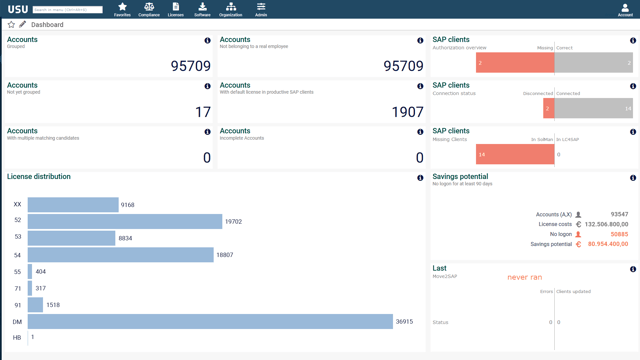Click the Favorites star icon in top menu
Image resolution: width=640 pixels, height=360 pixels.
click(122, 7)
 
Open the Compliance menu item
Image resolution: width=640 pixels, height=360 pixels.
click(149, 7)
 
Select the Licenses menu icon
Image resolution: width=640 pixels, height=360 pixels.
click(175, 7)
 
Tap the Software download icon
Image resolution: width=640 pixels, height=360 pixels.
click(202, 7)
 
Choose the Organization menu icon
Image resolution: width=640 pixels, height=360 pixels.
click(230, 7)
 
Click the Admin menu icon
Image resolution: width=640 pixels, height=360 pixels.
click(261, 7)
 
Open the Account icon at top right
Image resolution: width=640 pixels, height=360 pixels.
click(625, 8)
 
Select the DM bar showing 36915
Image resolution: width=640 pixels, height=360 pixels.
click(210, 321)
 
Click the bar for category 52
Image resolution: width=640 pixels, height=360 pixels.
click(125, 222)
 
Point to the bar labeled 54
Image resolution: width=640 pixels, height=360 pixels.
click(120, 255)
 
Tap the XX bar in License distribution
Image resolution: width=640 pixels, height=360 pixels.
click(73, 205)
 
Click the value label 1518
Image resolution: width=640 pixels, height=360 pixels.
click(53, 305)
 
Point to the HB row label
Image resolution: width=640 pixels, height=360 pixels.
click(17, 338)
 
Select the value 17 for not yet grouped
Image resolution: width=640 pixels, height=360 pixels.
click(203, 112)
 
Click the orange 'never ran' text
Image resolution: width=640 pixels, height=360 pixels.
click(524, 277)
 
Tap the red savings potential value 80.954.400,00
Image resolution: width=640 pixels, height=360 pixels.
click(608, 244)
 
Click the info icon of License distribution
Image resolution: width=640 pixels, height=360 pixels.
click(420, 178)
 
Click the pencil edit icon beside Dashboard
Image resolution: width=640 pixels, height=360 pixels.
click(23, 25)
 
